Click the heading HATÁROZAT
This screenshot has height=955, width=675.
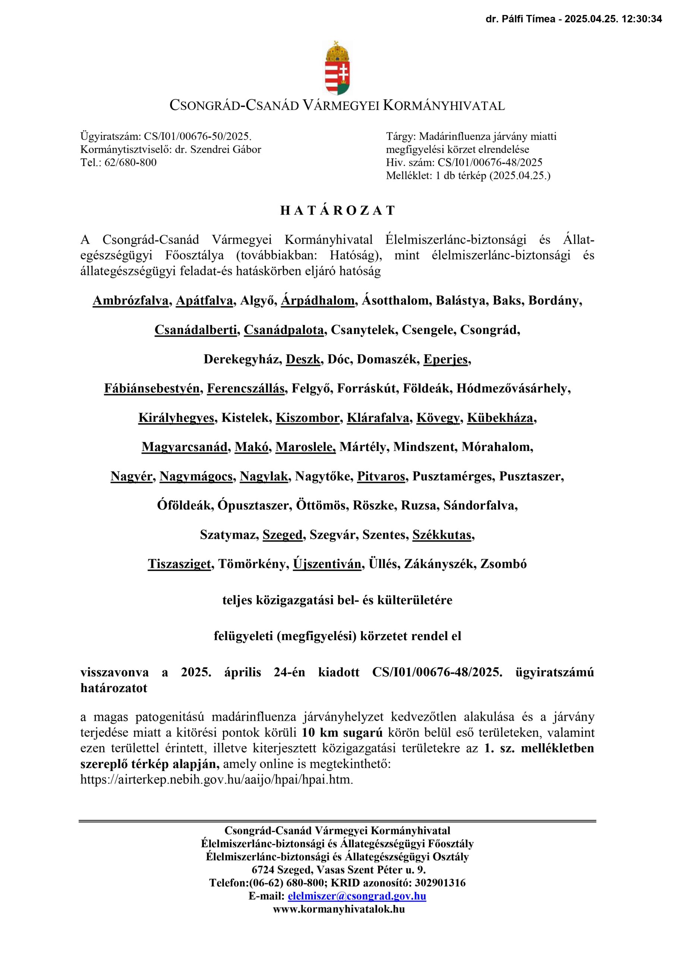337,210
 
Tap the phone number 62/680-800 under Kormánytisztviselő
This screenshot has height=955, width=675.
131,163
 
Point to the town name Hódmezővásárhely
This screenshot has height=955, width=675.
513,388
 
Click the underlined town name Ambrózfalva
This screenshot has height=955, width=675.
131,301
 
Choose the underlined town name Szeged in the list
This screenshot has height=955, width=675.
282,535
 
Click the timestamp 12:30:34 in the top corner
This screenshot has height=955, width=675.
641,19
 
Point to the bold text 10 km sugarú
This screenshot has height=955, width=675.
342,732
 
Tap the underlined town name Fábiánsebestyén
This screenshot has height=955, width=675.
152,388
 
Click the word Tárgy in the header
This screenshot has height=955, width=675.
400,137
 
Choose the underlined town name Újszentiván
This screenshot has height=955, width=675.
327,564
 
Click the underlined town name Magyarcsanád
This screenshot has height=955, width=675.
184,447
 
